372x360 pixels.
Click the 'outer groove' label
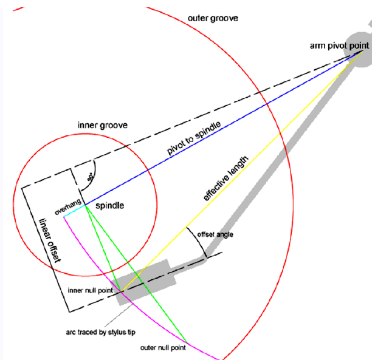click(x=213, y=18)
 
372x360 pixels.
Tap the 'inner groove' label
click(x=103, y=125)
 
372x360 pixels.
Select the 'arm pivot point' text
click(x=339, y=46)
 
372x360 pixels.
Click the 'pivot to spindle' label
click(x=194, y=138)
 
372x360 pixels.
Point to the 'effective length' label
click(x=226, y=178)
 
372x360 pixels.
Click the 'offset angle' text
click(x=215, y=234)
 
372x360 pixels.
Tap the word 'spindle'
click(x=109, y=205)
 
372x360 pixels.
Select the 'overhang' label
click(x=68, y=207)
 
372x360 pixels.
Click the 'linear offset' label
click(x=50, y=240)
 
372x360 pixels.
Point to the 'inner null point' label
click(x=91, y=290)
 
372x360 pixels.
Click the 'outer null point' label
click(x=163, y=348)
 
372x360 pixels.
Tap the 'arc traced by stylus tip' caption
click(x=100, y=332)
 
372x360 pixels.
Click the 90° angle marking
click(x=91, y=177)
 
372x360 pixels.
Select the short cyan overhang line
click(x=74, y=211)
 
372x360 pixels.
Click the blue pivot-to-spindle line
click(x=224, y=127)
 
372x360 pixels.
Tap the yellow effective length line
click(x=241, y=171)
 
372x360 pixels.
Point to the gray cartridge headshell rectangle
click(x=144, y=282)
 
